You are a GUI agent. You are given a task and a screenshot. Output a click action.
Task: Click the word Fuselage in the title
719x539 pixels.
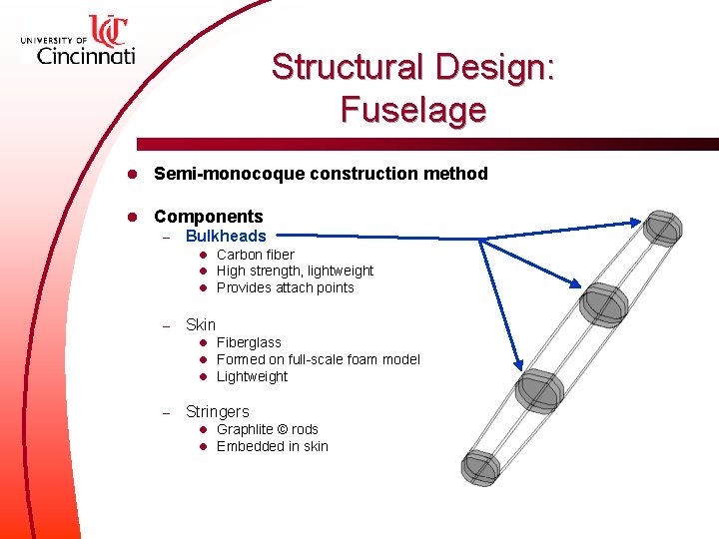coord(412,109)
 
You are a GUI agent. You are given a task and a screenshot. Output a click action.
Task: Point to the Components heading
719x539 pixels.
coord(208,217)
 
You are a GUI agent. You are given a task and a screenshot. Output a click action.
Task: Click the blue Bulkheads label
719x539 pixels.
coord(226,237)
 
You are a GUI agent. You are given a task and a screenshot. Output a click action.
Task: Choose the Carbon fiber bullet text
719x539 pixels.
coord(255,255)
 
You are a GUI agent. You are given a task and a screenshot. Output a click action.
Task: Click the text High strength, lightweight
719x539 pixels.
coord(295,270)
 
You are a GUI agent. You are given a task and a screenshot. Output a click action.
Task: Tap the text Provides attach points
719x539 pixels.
coord(285,287)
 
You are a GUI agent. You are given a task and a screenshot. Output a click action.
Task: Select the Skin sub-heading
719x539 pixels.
coord(200,324)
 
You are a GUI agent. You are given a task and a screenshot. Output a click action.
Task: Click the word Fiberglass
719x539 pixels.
coord(249,342)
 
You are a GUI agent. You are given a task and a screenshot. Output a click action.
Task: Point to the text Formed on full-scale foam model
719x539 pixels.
coord(318,359)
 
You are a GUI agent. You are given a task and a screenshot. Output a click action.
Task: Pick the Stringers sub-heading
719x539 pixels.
coord(217,411)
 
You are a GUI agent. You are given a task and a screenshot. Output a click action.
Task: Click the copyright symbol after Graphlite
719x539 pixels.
coord(281,429)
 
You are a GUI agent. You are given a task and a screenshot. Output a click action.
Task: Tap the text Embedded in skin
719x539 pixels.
coord(272,446)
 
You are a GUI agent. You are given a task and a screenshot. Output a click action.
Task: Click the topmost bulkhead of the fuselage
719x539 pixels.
coord(661,228)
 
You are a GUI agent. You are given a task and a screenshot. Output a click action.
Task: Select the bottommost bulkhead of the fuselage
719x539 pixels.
coord(481,466)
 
